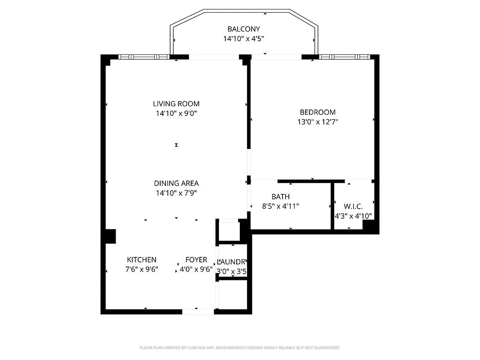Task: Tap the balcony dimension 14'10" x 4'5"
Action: click(x=243, y=39)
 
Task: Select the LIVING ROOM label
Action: click(x=176, y=103)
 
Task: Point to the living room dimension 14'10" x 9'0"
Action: click(x=176, y=113)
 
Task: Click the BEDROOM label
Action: click(x=318, y=112)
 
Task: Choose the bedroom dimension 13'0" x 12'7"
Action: click(x=318, y=121)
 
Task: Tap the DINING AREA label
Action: click(x=176, y=183)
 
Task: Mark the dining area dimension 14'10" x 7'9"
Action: click(x=176, y=193)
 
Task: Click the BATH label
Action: click(x=280, y=197)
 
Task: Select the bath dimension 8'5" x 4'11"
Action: click(x=280, y=207)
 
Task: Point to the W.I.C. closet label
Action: click(x=353, y=207)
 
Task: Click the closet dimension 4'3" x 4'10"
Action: click(x=353, y=216)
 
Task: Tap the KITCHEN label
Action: click(x=142, y=260)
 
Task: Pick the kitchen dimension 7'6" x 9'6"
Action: click(x=142, y=270)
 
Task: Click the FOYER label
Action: click(x=196, y=260)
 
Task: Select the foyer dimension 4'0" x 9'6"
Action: click(x=196, y=270)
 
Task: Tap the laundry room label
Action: click(x=232, y=262)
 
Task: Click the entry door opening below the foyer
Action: click(x=198, y=311)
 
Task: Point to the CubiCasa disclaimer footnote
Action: click(x=240, y=348)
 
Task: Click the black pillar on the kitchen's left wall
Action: click(x=110, y=236)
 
